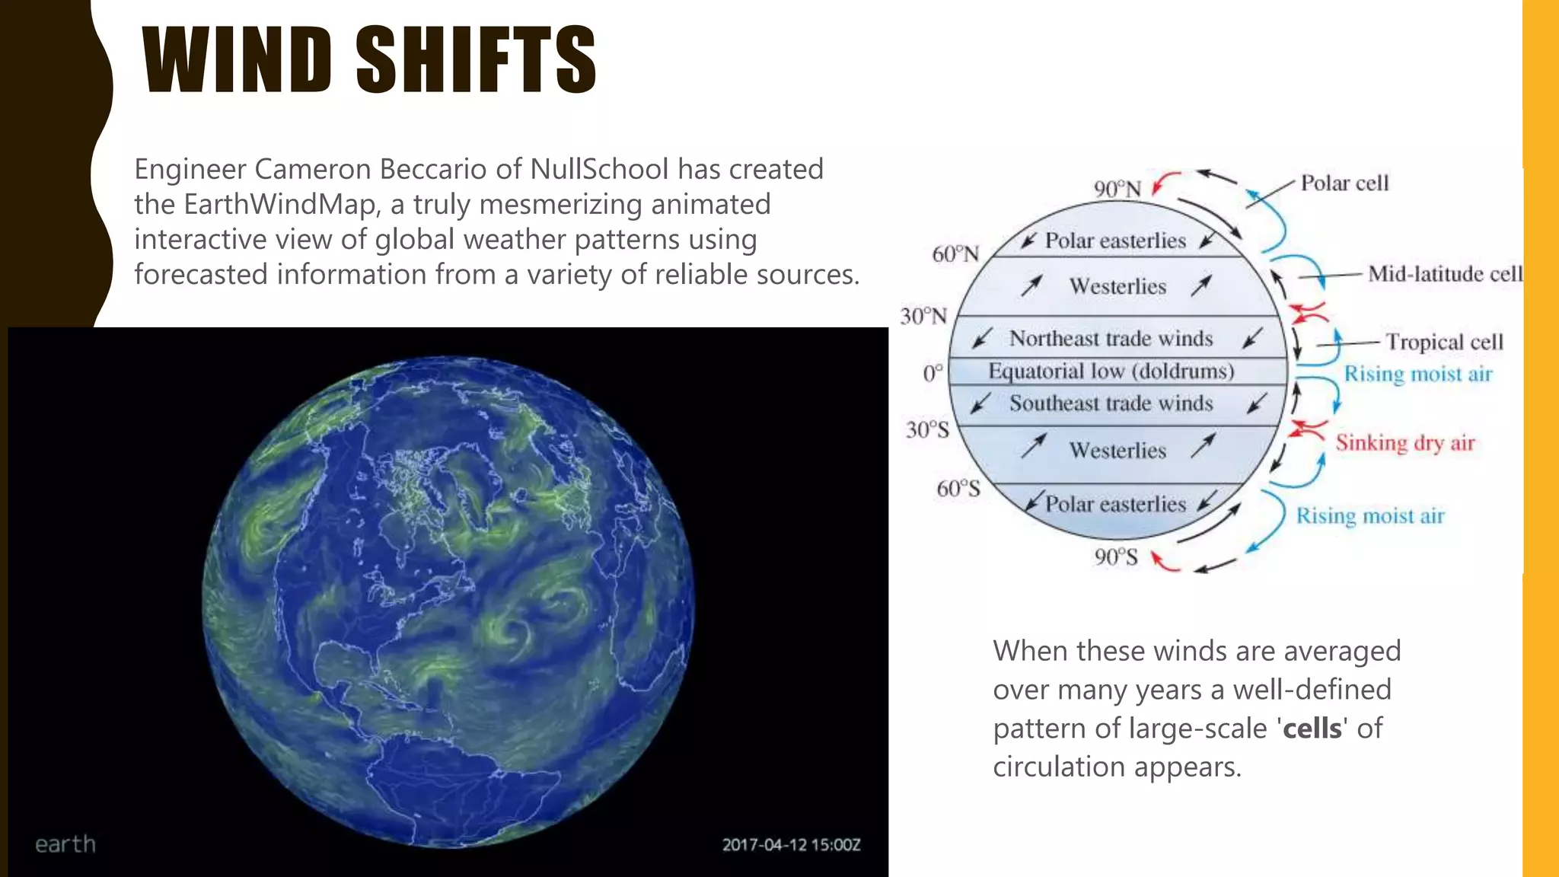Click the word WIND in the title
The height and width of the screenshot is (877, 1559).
point(237,60)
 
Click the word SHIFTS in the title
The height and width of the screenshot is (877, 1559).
point(476,60)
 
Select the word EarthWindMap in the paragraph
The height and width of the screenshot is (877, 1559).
point(281,204)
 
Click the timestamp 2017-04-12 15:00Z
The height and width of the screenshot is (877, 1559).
point(791,844)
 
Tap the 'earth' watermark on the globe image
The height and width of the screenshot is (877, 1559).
point(65,844)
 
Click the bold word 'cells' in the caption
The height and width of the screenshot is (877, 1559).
point(1312,729)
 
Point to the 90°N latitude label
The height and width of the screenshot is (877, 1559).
point(1117,189)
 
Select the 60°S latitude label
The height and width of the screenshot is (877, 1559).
point(958,488)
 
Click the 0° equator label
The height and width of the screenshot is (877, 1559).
point(933,373)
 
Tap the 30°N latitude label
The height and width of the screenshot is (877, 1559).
point(923,316)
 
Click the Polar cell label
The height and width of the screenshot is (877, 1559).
point(1344,183)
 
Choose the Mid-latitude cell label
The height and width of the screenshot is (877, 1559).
point(1444,273)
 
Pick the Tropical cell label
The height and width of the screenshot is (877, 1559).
point(1444,342)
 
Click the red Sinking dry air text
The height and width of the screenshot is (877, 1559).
point(1405,442)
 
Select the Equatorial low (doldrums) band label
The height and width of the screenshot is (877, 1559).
point(1111,371)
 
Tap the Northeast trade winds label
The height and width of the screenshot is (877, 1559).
point(1111,338)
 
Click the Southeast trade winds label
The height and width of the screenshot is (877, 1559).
point(1111,403)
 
